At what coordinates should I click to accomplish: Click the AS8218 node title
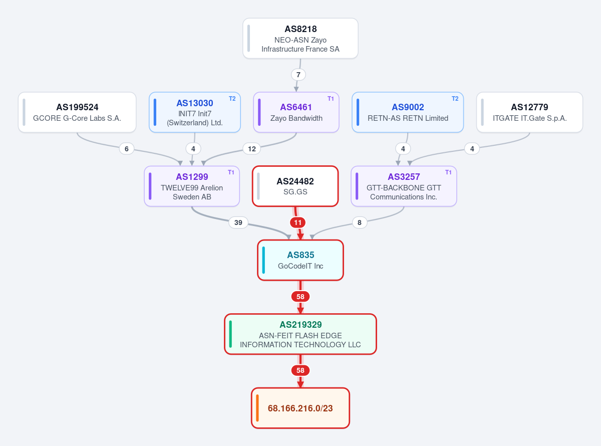pos(300,29)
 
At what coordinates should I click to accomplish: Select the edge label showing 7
pos(298,75)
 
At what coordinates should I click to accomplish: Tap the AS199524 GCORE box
pos(77,112)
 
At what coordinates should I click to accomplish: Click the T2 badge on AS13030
pos(232,99)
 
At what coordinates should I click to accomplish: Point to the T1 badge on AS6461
pos(331,99)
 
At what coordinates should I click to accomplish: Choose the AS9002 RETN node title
pos(408,107)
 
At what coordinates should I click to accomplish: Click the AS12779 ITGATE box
pos(529,112)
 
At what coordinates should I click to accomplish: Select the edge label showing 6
pos(127,149)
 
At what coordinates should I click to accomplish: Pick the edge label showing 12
pos(252,149)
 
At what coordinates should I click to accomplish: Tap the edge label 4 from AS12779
pos(472,149)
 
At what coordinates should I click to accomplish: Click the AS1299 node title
pos(192,177)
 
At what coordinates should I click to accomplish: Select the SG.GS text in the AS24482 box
pos(295,192)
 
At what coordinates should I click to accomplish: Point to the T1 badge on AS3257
pos(448,172)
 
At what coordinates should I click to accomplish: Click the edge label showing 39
pos(238,222)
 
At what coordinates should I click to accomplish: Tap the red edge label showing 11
pos(298,222)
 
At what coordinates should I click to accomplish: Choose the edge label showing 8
pos(360,222)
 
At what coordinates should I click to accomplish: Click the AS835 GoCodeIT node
pos(300,260)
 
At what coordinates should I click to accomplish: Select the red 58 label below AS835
pos(300,297)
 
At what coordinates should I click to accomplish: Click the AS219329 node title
pos(300,325)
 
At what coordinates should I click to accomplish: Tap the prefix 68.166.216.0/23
pos(300,408)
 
